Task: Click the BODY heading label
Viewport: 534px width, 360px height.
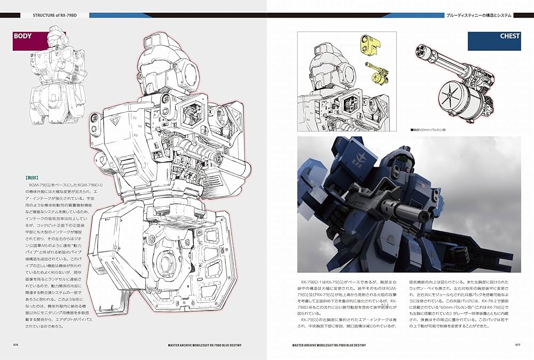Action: tap(23, 37)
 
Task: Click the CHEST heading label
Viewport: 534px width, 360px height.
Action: tap(510, 37)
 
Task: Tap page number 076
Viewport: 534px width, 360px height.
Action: tap(16, 345)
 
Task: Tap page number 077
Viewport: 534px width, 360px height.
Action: tap(517, 345)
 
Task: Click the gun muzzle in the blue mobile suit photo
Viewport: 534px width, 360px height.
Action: tap(424, 215)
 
